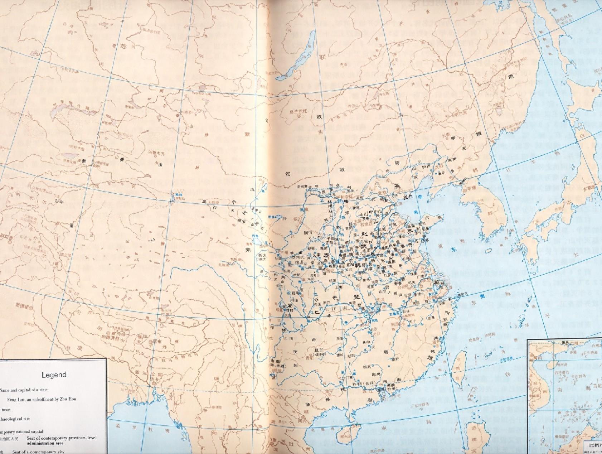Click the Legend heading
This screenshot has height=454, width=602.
(x=54, y=375)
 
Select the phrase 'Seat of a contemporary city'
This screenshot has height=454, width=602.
(x=38, y=452)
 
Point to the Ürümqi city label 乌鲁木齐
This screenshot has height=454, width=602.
(x=156, y=152)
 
